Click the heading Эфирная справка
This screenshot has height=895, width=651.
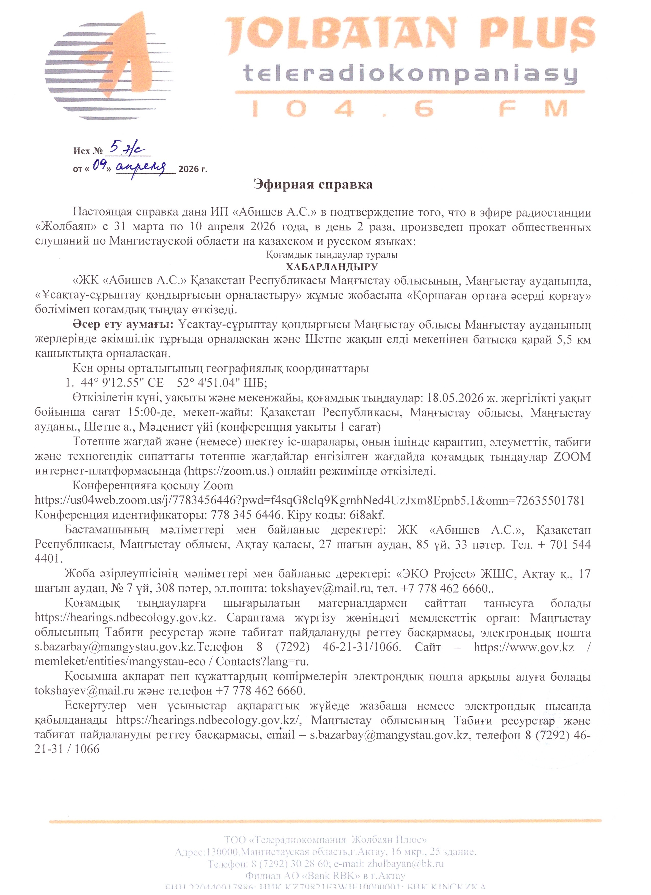coord(313,184)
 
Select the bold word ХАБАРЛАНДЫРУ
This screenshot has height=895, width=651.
coord(332,267)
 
